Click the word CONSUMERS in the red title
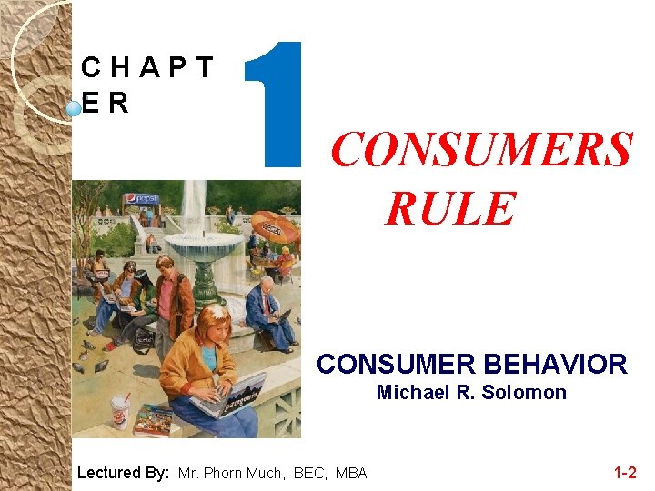tap(480, 150)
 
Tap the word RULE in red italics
tap(449, 208)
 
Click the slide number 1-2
tap(625, 472)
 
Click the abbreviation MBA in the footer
tap(351, 473)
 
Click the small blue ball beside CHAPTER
tap(74, 109)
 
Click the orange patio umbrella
tap(275, 225)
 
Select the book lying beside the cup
tap(152, 420)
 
